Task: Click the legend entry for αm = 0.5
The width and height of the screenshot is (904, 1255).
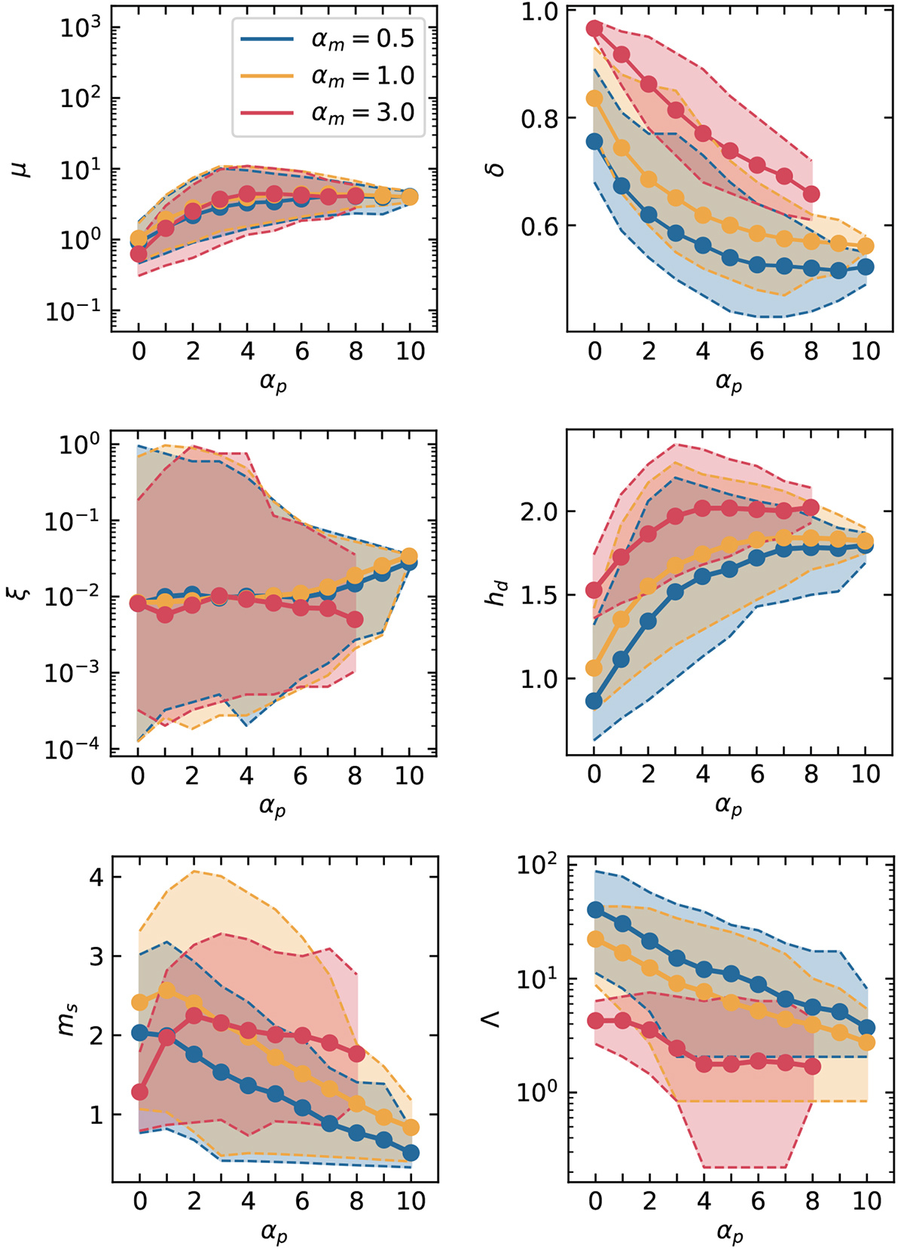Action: pyautogui.click(x=362, y=39)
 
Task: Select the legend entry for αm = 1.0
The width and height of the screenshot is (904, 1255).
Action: pyautogui.click(x=362, y=76)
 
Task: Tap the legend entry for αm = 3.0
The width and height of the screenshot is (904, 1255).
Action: pyautogui.click(x=362, y=113)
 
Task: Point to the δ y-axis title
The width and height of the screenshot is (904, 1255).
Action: pyautogui.click(x=496, y=168)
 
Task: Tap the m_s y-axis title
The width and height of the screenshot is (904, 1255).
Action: pyautogui.click(x=68, y=1019)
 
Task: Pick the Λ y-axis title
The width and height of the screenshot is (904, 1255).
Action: pyautogui.click(x=493, y=1019)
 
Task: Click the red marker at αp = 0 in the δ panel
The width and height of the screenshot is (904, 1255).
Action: pyautogui.click(x=595, y=29)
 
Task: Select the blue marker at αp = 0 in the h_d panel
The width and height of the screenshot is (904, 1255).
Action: pyautogui.click(x=594, y=701)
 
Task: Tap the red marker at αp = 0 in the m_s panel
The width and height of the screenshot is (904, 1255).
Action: pyautogui.click(x=139, y=1092)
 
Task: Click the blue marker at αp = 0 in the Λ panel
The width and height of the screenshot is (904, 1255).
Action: pyautogui.click(x=595, y=910)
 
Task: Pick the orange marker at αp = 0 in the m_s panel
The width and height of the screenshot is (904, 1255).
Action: pyautogui.click(x=139, y=1003)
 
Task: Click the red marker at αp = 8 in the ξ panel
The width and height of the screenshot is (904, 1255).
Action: pyautogui.click(x=355, y=619)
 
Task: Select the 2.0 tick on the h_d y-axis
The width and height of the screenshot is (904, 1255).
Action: pyautogui.click(x=539, y=511)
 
